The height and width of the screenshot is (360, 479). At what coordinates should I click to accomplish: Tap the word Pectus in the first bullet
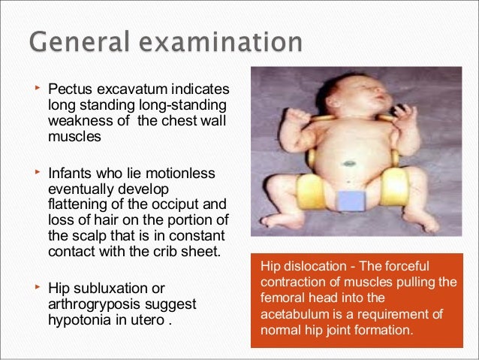[71, 92]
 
